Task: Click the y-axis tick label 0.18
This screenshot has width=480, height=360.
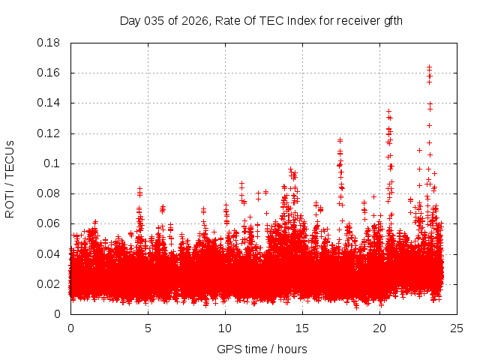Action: click(49, 43)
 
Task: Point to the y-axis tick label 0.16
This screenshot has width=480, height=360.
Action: click(49, 73)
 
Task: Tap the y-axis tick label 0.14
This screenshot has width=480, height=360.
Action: click(49, 103)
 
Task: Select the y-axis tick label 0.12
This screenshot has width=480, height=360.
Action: click(49, 133)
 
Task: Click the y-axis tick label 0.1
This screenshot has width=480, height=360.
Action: click(52, 163)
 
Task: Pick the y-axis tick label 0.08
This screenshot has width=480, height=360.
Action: click(49, 193)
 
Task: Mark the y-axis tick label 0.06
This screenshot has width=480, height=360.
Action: click(49, 223)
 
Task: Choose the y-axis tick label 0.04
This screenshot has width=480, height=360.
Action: click(49, 253)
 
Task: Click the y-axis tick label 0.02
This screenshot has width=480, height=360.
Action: click(49, 284)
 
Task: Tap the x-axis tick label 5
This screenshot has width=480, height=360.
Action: click(148, 328)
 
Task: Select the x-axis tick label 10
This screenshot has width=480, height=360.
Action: click(225, 328)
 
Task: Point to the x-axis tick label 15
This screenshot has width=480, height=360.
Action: click(302, 328)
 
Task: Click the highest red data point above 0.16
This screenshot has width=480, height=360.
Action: click(429, 67)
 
